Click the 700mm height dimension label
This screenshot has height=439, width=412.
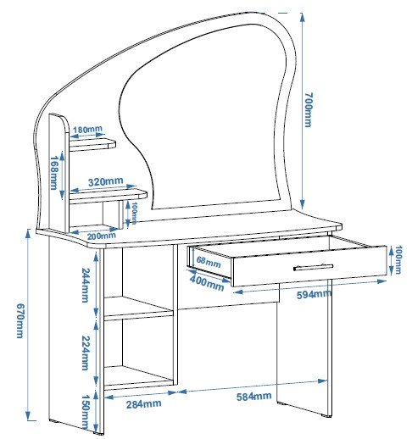(x=309, y=109)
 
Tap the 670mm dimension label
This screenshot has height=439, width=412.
(x=19, y=320)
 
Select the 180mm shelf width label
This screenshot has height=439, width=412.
(x=87, y=130)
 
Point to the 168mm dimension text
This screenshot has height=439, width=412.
(x=53, y=173)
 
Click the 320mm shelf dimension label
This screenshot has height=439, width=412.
(x=106, y=181)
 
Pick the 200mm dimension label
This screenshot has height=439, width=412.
(x=102, y=236)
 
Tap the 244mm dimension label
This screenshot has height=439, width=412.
(x=86, y=285)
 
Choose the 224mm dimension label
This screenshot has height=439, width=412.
(x=86, y=353)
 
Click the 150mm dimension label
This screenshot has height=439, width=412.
(x=86, y=412)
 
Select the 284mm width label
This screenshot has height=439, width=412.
(x=144, y=403)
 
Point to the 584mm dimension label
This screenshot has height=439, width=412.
(x=254, y=397)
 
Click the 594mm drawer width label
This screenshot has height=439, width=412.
(x=314, y=294)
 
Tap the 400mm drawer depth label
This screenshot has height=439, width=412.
(x=207, y=283)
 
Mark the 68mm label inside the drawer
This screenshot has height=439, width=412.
(x=209, y=262)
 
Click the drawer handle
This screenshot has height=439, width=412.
(x=313, y=267)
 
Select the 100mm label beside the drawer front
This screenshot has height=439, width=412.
(x=398, y=260)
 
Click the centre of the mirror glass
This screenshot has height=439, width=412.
(x=203, y=119)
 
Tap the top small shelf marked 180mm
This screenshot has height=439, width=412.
(x=92, y=144)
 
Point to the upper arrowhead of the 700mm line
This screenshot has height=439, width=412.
(x=303, y=18)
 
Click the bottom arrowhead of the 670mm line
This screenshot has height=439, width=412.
(x=28, y=415)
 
